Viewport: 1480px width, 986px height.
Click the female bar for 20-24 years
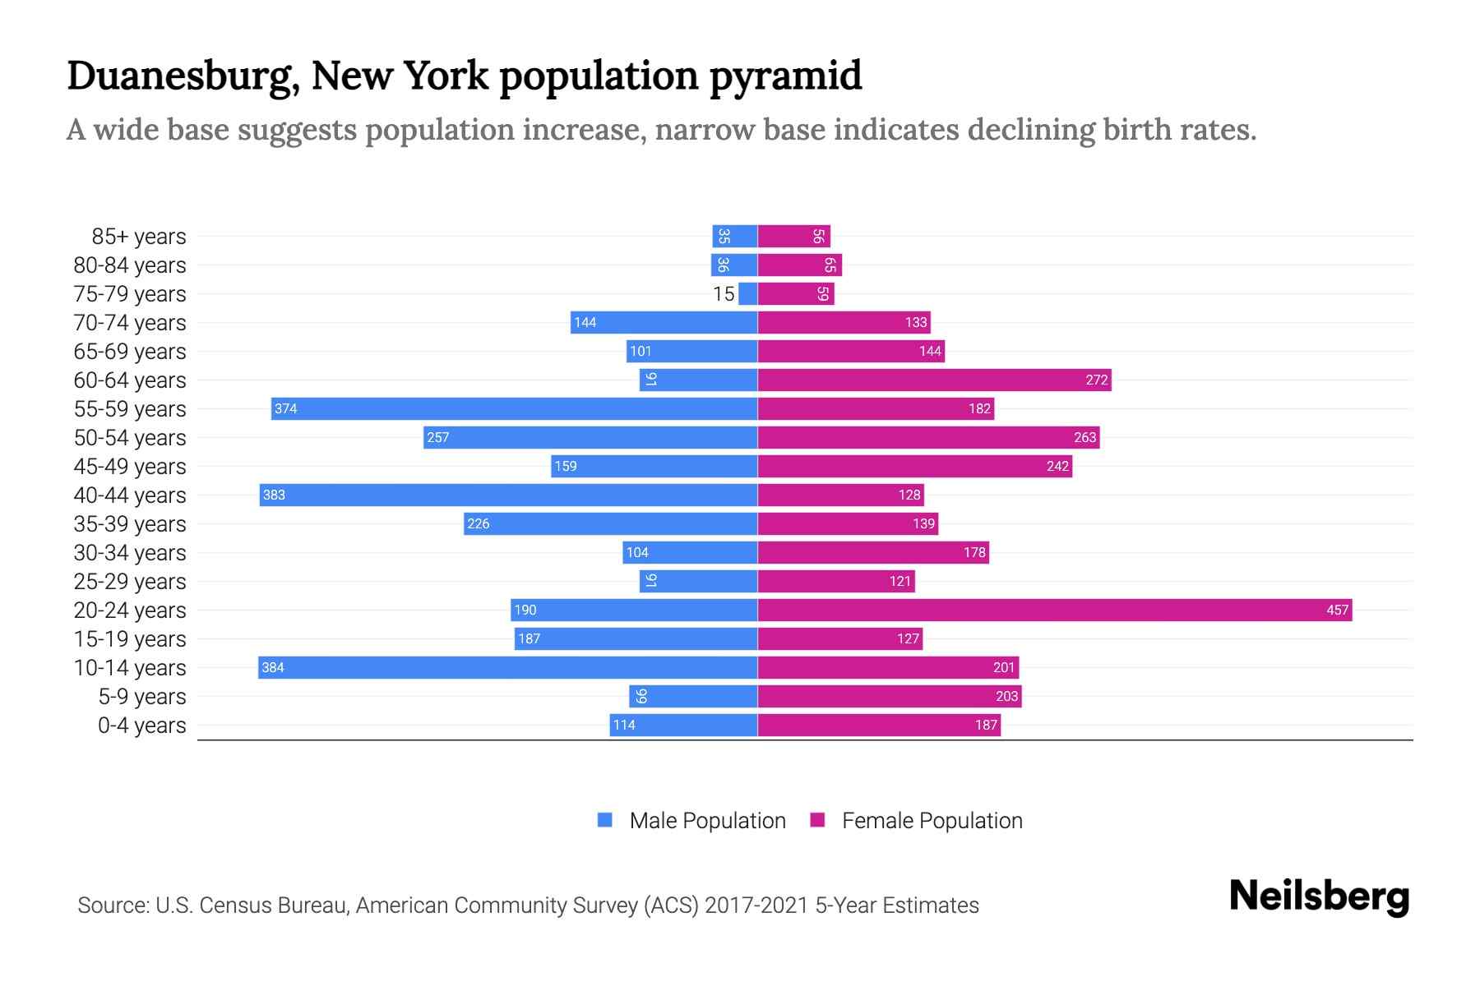coord(1054,610)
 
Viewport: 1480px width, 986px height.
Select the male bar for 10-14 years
coord(507,667)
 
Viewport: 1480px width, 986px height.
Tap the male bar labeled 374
coord(514,408)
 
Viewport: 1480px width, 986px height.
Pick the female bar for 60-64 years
coord(934,380)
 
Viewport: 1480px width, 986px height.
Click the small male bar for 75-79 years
coord(747,293)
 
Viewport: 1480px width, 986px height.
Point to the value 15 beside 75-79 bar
coord(724,294)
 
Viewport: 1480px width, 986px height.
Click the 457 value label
coord(1337,610)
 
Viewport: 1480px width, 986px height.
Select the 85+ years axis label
coord(139,237)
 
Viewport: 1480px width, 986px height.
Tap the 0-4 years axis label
coord(141,726)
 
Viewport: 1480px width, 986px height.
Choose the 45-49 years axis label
coord(130,467)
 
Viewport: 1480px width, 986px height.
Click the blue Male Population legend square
coord(605,820)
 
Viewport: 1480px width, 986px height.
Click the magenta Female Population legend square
coord(817,820)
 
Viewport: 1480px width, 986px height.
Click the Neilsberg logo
coord(1319,896)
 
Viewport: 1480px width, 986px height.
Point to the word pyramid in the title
coord(785,76)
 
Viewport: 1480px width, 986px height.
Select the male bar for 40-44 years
coord(508,495)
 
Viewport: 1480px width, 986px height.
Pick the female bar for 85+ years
coord(793,237)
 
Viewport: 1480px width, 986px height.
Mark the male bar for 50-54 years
coord(590,437)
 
